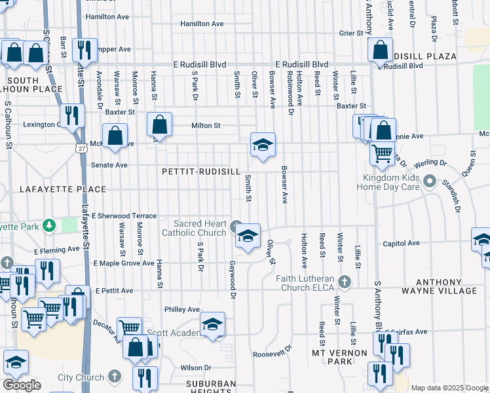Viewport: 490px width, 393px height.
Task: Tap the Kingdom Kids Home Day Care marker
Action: [430, 180]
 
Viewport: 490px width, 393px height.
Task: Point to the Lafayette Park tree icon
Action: [48, 226]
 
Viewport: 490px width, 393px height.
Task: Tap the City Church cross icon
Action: [115, 377]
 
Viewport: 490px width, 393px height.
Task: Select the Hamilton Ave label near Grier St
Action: [202, 24]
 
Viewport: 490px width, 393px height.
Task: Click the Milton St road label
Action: [206, 125]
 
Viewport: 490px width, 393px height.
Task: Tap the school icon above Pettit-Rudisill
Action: [262, 145]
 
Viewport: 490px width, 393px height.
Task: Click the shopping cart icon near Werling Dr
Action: [382, 154]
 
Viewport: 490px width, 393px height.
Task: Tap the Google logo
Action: [21, 384]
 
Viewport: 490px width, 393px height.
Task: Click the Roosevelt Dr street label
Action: [271, 354]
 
